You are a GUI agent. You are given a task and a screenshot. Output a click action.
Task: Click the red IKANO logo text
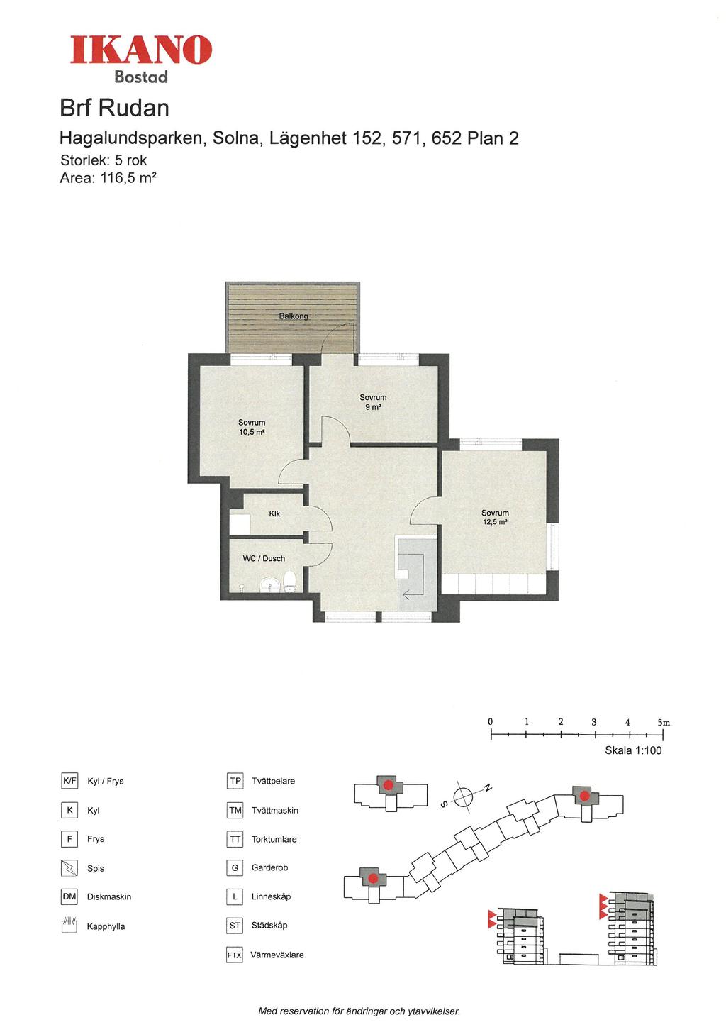point(140,50)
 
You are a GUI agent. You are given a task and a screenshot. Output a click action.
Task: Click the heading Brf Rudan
point(115,109)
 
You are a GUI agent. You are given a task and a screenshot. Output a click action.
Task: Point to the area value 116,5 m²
point(128,178)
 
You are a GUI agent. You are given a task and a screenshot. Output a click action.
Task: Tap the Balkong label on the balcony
point(294,316)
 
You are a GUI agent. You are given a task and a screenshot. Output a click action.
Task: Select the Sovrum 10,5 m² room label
point(252,427)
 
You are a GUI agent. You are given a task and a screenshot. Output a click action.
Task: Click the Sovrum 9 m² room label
point(373,402)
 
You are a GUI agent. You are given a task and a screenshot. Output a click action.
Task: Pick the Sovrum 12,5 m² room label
point(495,517)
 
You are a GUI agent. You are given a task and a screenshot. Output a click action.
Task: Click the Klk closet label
point(274,513)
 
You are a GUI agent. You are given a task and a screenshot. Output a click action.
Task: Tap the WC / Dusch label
point(264,558)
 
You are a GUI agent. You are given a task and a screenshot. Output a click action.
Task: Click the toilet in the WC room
point(290,582)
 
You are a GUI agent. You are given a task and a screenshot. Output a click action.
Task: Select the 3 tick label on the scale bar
point(593,722)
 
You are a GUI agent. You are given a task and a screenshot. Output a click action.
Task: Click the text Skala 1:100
point(633,750)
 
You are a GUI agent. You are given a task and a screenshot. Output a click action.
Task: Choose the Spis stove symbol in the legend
point(69,867)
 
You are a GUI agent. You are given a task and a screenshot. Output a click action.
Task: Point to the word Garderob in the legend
point(269,867)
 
